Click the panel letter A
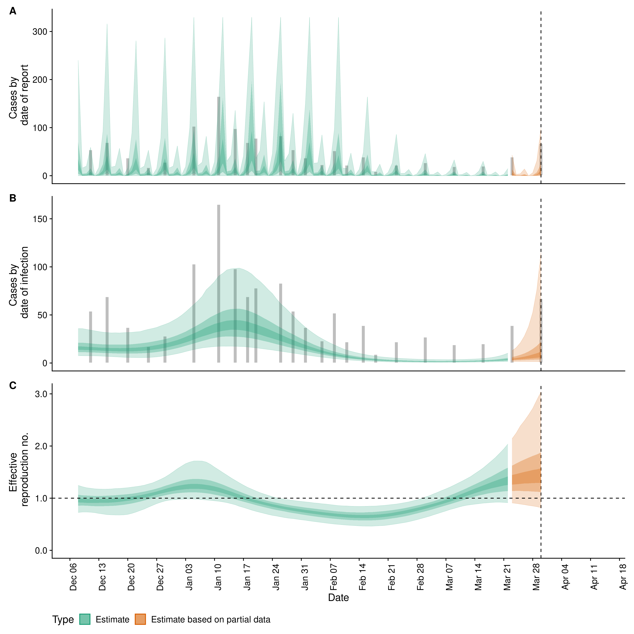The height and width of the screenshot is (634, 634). point(13,12)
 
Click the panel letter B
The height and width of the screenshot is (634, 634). point(13,198)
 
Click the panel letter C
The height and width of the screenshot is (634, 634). point(13,386)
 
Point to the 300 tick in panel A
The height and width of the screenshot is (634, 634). point(40,32)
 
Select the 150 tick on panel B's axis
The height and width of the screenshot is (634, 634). point(40,219)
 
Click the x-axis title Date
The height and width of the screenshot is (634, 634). point(338,598)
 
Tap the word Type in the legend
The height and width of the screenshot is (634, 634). point(63,620)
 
